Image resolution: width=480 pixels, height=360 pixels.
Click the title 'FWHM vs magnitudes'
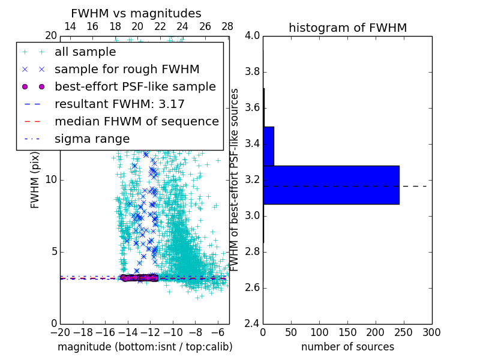136,13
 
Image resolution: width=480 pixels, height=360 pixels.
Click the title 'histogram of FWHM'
347,28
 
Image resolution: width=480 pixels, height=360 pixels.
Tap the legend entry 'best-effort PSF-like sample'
135,86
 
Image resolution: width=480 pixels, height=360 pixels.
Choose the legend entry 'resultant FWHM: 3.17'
119,104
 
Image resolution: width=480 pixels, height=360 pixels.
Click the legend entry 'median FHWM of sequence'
136,121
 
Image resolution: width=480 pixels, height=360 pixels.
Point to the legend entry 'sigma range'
92,139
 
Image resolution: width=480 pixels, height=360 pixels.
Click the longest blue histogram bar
331,185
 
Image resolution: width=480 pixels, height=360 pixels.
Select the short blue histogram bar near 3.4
268,146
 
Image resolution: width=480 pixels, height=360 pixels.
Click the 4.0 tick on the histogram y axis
253,35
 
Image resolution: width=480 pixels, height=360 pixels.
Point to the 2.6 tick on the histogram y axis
253,287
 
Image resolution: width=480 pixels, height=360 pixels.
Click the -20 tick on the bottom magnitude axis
60,331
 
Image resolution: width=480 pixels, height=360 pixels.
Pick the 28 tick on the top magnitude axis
227,26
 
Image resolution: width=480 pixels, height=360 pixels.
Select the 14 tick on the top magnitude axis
70,26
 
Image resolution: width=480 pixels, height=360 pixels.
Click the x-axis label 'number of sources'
347,347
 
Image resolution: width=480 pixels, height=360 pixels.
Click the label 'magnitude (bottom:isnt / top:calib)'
145,347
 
